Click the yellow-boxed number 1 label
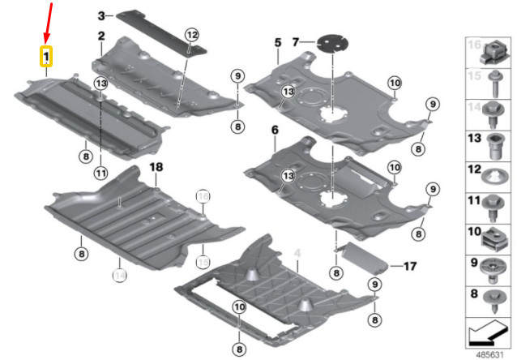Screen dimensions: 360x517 [46, 56]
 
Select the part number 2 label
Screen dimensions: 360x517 [102, 36]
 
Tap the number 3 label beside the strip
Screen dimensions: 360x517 [101, 15]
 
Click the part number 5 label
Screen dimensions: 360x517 [276, 41]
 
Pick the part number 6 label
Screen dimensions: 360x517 [275, 130]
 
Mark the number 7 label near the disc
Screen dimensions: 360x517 [297, 41]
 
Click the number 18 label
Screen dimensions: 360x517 [156, 167]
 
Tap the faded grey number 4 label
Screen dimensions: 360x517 [297, 253]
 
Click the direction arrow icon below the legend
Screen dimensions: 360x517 [490, 332]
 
